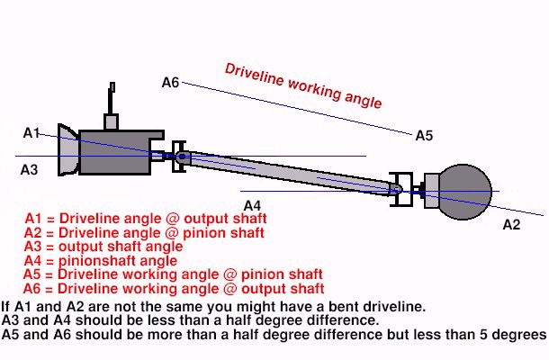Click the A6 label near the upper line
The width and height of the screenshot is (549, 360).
point(170,83)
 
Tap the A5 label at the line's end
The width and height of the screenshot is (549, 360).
point(424,136)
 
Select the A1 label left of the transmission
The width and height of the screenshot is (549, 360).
point(31,133)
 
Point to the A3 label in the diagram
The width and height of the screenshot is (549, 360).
point(29,168)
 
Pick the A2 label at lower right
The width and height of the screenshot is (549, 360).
point(510,224)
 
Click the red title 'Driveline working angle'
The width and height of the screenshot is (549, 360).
point(302,85)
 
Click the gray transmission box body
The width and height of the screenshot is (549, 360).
point(115,153)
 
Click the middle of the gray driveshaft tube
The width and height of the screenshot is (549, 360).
point(288,171)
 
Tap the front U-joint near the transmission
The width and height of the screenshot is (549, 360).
point(180,157)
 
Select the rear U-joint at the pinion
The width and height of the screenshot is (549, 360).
point(401,189)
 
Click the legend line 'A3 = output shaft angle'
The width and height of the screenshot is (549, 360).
point(104,247)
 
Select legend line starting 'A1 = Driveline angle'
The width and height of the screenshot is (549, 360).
point(146,219)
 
